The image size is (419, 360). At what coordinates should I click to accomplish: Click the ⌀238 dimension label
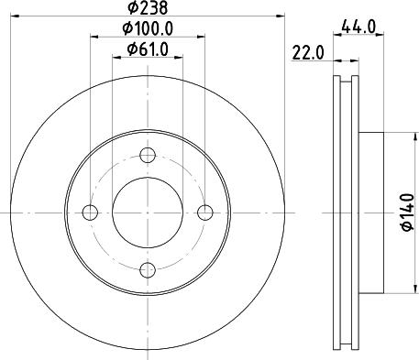pos(148,7)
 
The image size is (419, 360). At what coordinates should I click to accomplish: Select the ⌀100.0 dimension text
pos(148,28)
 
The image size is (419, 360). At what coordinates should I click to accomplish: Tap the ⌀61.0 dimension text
pos(148,49)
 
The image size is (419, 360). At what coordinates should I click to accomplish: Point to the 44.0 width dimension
pos(358,27)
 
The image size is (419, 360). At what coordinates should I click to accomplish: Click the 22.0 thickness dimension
pos(308,53)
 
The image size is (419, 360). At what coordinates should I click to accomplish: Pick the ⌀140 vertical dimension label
pos(408,212)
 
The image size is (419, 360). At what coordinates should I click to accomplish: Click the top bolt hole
pos(148,155)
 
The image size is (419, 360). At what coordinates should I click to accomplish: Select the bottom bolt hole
pos(148,270)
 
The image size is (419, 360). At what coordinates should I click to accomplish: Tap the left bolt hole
pos(90,213)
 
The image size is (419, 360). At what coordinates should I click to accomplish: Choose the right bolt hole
pos(205,213)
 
